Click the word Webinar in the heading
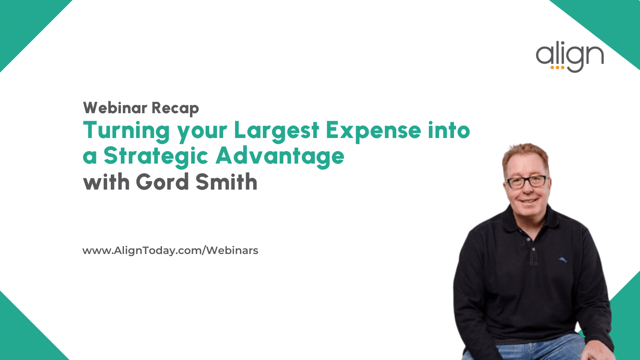pos(115,108)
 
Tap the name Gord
pos(162,182)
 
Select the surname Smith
pos(226,182)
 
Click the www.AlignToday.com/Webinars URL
pos(170,250)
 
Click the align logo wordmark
pos(570,57)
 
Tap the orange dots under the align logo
pos(558,68)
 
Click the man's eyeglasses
pos(527,182)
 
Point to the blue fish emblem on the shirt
pos(562,260)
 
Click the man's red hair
pos(525,156)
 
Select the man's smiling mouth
pos(528,200)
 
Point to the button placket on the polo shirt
pos(532,248)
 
